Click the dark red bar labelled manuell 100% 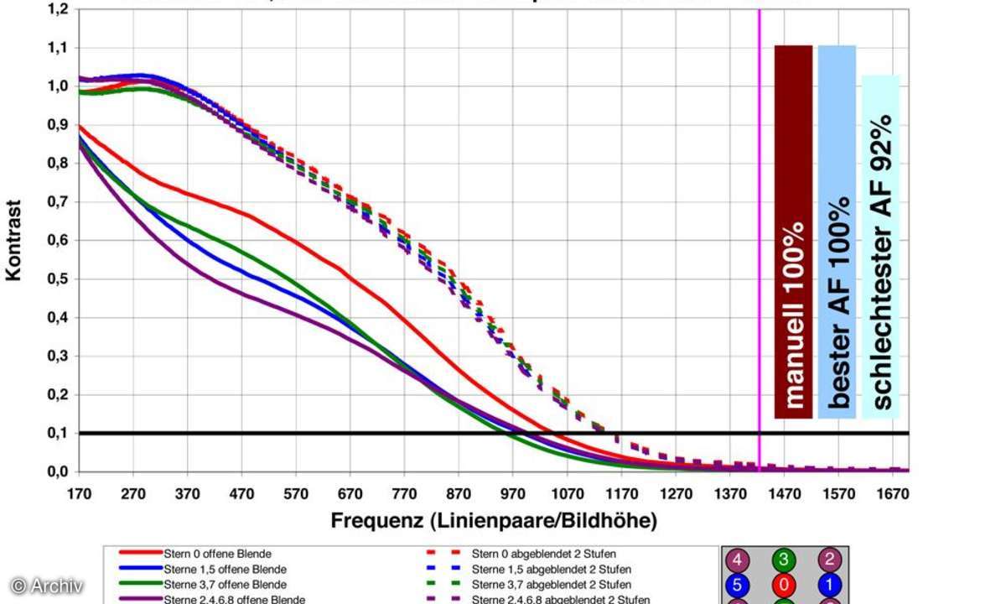pyautogui.click(x=793, y=231)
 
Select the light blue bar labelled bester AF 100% pyautogui.click(x=837, y=231)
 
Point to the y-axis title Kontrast pyautogui.click(x=14, y=240)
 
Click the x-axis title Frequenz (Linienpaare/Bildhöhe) pyautogui.click(x=494, y=521)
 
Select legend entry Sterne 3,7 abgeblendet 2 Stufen pyautogui.click(x=551, y=584)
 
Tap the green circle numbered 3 pyautogui.click(x=786, y=560)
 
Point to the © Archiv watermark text pyautogui.click(x=46, y=586)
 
